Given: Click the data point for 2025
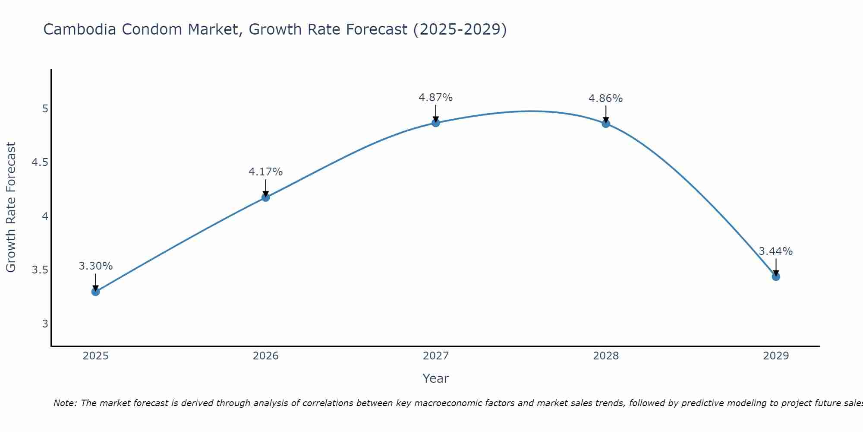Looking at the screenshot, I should (95, 292).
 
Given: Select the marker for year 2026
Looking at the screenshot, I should (265, 197).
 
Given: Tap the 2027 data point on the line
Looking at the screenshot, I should (435, 123).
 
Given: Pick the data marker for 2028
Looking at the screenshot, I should (605, 124).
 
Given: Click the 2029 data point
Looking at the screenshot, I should (775, 276).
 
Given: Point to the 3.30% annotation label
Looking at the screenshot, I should (95, 266).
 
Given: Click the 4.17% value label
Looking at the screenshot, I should (265, 172).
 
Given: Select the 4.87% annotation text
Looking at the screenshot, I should (435, 98).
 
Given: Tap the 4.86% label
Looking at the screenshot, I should (605, 98).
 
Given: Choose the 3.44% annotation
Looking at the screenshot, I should (775, 251).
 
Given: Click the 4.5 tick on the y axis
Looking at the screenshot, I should (39, 162).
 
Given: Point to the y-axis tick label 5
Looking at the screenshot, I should (45, 108).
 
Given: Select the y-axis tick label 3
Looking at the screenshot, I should (45, 324).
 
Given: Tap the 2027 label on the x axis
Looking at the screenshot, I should (435, 356).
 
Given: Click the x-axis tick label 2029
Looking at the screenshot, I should (775, 356).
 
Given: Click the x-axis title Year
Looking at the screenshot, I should (435, 378).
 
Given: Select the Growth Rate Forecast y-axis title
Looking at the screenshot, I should (11, 207).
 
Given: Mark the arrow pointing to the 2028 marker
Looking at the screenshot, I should (605, 114).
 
